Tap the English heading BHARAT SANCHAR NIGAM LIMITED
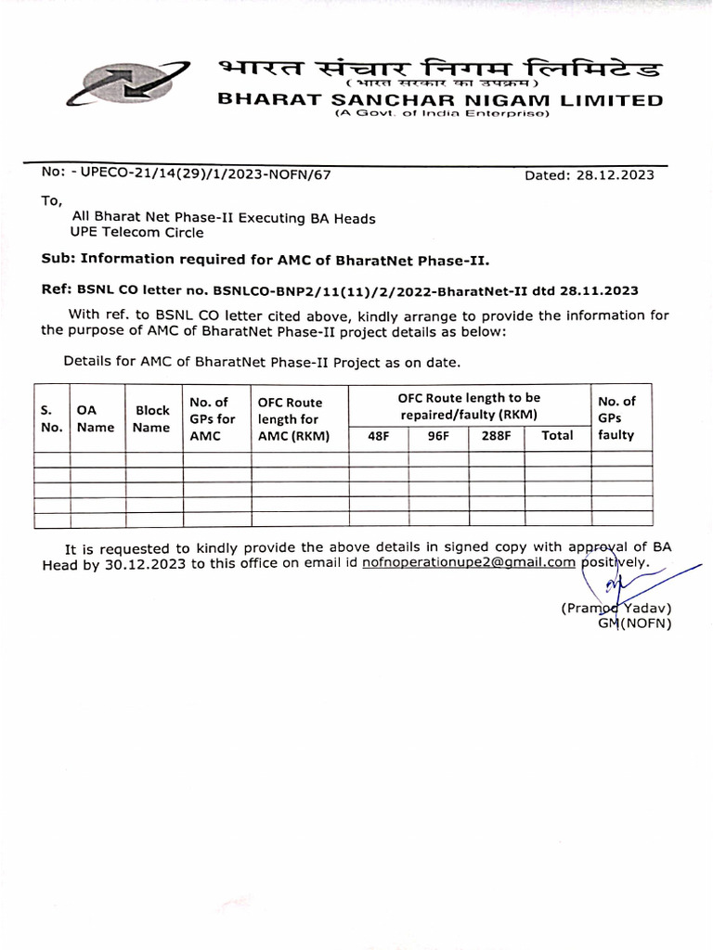tap(440, 100)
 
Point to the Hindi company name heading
tap(440, 70)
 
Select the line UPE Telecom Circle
tap(136, 233)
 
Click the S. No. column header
tap(51, 417)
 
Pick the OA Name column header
tap(96, 417)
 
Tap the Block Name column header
tap(153, 417)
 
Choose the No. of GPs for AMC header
tap(212, 417)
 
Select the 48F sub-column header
tap(379, 435)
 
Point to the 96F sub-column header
tap(438, 435)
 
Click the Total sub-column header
tap(557, 435)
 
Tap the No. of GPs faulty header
tap(616, 417)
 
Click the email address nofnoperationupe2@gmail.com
tap(470, 562)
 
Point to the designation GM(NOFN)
tap(634, 623)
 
